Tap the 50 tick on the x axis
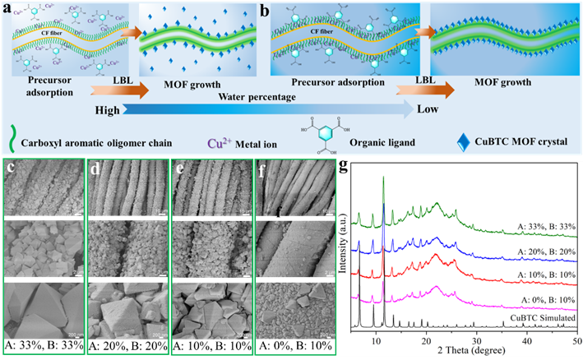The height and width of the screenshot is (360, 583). point(576,340)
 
